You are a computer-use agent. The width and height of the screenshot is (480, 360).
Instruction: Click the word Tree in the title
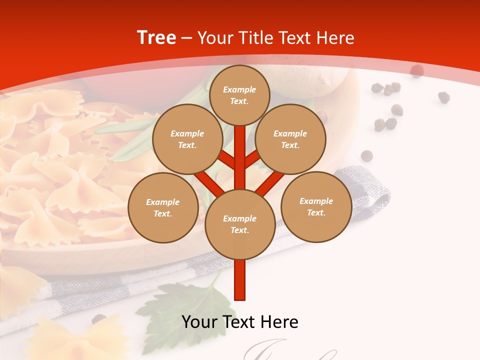coord(156,38)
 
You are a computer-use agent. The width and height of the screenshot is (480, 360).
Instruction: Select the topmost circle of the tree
coord(239,95)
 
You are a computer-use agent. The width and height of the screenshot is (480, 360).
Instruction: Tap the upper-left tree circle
coord(187,139)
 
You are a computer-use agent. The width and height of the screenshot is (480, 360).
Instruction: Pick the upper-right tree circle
coord(290,139)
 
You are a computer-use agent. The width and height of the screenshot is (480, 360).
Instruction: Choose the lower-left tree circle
coord(163,207)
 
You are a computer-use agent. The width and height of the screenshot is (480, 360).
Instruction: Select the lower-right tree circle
coord(316,206)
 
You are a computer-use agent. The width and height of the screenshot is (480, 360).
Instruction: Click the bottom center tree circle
coord(239,224)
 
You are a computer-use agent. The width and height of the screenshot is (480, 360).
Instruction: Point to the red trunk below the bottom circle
coord(240,280)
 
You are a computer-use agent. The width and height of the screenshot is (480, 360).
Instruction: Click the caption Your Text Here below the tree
coord(240,322)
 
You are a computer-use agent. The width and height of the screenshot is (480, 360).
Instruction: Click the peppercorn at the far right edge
coord(443,97)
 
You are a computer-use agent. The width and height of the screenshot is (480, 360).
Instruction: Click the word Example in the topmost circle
coord(239,89)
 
